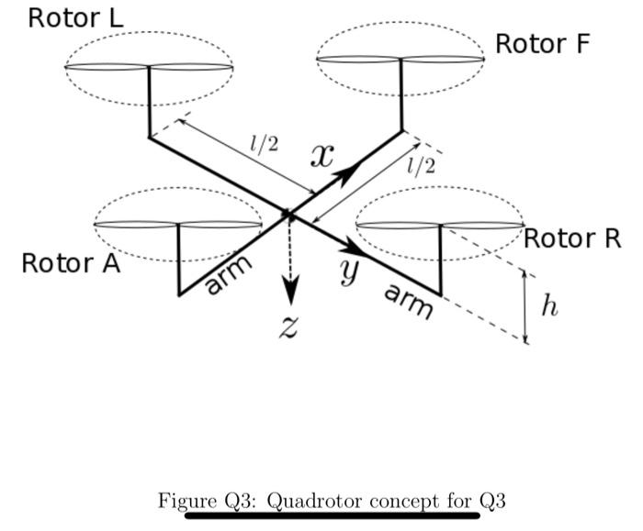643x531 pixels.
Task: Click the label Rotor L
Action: tap(75, 17)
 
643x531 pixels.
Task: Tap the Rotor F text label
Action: tap(542, 43)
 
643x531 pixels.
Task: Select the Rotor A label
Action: tap(71, 263)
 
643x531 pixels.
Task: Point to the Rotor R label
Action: tap(572, 238)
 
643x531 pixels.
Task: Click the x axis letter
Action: tap(321, 157)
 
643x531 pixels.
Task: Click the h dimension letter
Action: tap(549, 306)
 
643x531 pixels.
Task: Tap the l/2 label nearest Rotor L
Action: tap(265, 143)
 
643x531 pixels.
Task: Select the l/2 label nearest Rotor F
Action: tap(421, 165)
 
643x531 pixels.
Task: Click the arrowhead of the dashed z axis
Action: tap(290, 293)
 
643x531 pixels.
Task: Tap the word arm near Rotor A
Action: tap(227, 275)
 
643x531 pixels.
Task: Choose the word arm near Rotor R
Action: tap(407, 301)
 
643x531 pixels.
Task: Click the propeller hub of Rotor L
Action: tap(148, 66)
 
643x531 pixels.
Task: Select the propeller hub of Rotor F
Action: tap(401, 60)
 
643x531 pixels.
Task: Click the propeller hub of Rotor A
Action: tap(177, 224)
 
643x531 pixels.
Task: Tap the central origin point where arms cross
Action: tap(288, 215)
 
